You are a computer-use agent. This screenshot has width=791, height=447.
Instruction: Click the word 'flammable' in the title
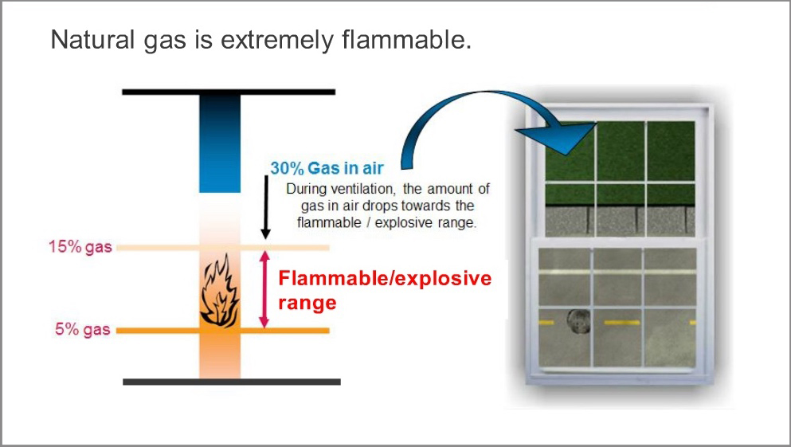click(406, 39)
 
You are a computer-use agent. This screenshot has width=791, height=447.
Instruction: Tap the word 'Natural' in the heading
click(92, 39)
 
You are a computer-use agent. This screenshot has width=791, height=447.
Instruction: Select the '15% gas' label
click(80, 247)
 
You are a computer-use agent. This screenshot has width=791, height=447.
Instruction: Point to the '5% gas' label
click(83, 329)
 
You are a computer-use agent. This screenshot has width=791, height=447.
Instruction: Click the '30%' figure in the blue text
click(287, 168)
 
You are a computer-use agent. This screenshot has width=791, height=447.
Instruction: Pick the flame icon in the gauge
click(220, 290)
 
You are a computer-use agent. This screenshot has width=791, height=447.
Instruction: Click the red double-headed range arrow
click(264, 289)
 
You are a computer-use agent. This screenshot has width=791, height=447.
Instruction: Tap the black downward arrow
click(266, 207)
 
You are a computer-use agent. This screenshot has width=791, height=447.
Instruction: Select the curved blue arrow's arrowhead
click(560, 137)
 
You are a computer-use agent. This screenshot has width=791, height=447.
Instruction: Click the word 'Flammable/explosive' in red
click(385, 278)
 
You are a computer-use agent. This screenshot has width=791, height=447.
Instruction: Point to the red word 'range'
click(307, 304)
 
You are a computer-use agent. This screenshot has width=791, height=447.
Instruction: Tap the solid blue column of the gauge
click(220, 143)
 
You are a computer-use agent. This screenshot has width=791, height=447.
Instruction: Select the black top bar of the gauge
click(229, 92)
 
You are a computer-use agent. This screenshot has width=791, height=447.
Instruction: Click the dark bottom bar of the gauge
click(232, 382)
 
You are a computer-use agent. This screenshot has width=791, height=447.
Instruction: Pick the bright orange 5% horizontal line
click(222, 331)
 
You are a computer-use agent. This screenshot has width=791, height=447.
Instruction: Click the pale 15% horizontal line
click(222, 248)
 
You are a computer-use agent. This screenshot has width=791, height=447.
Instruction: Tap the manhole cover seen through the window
click(578, 322)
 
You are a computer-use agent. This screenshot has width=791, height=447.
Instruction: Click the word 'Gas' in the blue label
click(320, 168)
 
